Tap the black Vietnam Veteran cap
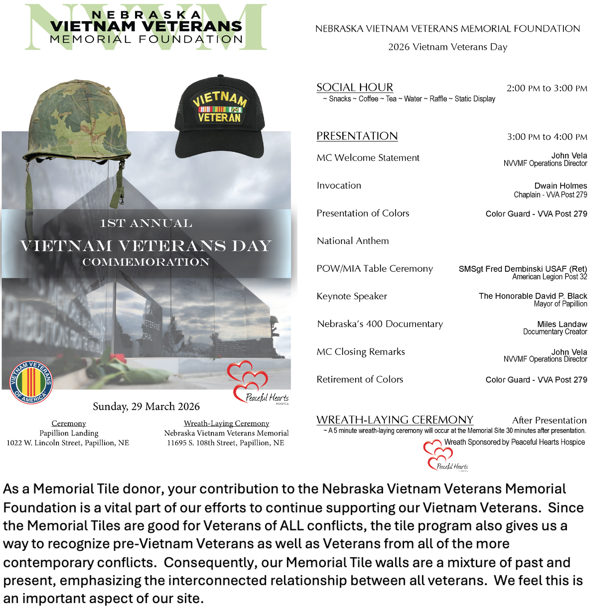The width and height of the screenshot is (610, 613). pos(220,116)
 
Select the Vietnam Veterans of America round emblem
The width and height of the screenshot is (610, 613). pos(31,382)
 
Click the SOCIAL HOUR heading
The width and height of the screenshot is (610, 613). pos(355,87)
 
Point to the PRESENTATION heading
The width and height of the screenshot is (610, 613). pos(357,136)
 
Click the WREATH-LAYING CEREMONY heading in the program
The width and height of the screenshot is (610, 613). pos(395,420)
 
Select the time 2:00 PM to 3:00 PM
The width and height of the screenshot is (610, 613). pos(547,88)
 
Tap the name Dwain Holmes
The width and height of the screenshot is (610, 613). pos(560,186)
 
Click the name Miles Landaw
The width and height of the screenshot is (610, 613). pos(562,324)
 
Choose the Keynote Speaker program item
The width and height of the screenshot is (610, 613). pos(352,296)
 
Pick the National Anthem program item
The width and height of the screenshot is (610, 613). pos(353,241)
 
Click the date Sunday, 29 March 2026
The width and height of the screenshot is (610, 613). pos(146,407)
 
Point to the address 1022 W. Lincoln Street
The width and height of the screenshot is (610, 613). pos(68,443)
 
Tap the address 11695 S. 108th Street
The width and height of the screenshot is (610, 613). pos(226,443)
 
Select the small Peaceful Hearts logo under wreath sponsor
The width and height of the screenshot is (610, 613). pos(443,456)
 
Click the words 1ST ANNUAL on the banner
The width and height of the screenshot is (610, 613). pos(146,224)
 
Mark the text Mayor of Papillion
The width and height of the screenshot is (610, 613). pos(560,304)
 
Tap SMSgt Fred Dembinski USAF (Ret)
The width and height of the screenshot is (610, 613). pos(523,269)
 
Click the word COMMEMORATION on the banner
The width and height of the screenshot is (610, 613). pos(146,262)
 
